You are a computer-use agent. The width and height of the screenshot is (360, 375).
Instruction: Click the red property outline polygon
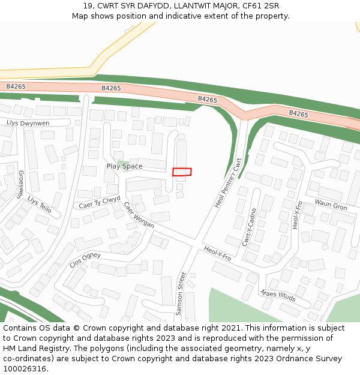182,172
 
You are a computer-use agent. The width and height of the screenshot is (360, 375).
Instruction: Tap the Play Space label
124,166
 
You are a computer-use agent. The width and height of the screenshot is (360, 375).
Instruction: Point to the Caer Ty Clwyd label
100,202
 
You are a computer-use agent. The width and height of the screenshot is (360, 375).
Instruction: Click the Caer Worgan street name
139,214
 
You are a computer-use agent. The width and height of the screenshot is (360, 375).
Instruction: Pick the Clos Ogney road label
85,259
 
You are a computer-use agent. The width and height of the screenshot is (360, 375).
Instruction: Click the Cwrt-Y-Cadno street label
249,227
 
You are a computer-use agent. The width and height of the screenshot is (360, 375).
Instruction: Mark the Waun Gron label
331,206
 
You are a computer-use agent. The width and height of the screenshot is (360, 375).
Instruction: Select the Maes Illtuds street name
278,296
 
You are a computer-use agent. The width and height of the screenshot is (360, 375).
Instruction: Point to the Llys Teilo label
40,205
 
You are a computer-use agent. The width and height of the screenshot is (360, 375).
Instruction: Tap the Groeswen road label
20,184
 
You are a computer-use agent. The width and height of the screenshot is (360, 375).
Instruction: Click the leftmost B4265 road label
16,86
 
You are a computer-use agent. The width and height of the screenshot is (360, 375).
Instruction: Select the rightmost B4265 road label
298,113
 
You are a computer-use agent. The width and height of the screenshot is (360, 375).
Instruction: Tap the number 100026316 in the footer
25,368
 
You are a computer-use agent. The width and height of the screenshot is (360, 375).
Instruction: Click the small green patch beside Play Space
124,163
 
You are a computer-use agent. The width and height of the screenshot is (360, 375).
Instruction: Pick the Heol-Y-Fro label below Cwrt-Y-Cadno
217,253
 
